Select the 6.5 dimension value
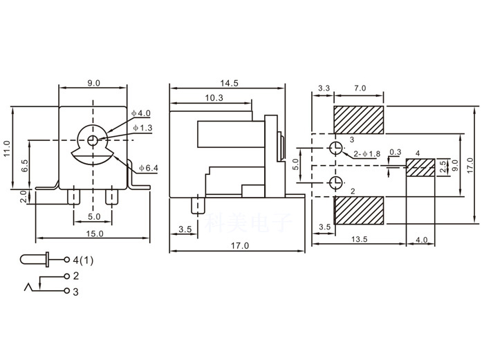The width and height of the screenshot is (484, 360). pos(25,166)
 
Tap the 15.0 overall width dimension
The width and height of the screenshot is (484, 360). pos(95,234)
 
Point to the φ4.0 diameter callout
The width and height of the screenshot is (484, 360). pos(141,113)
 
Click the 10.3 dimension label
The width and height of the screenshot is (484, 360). pos(214,98)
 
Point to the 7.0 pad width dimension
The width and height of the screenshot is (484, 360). pos(360,89)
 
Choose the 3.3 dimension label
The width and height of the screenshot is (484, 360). pos(323,89)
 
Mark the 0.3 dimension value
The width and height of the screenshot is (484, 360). pos(395,152)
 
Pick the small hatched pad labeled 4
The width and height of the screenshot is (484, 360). pos(420,167)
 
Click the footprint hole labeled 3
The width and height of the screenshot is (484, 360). pos(335,148)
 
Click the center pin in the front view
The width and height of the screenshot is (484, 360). pos(93,140)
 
